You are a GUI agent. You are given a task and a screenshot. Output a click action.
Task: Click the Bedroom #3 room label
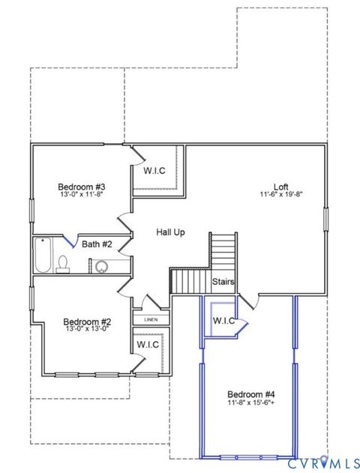click(x=82, y=186)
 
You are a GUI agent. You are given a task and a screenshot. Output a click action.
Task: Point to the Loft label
click(x=280, y=186)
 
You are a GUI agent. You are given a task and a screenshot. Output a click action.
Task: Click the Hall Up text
click(x=170, y=232)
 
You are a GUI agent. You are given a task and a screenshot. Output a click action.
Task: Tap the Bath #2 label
click(x=97, y=244)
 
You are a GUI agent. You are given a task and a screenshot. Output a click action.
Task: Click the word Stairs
click(x=223, y=282)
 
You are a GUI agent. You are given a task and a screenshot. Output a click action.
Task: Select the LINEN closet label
click(x=151, y=320)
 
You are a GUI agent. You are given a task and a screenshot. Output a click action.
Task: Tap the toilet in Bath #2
click(x=64, y=263)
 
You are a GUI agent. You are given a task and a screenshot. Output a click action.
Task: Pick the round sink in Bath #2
click(x=100, y=265)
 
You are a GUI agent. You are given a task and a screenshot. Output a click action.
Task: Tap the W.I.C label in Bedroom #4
click(x=224, y=321)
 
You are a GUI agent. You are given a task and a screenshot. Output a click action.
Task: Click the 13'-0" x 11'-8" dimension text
click(x=82, y=194)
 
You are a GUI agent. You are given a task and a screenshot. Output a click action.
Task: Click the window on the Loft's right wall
click(x=326, y=218)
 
